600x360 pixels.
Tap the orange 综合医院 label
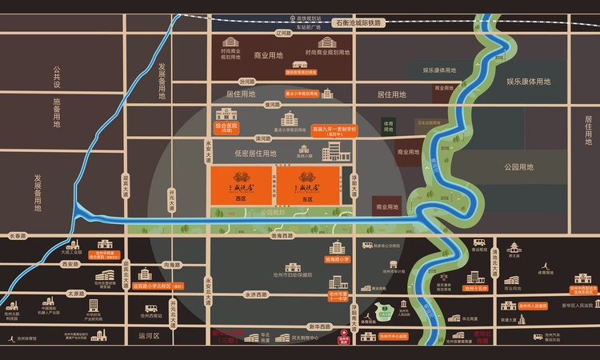click(227, 127)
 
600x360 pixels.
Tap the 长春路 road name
click(18, 236)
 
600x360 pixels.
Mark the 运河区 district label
click(150, 337)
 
